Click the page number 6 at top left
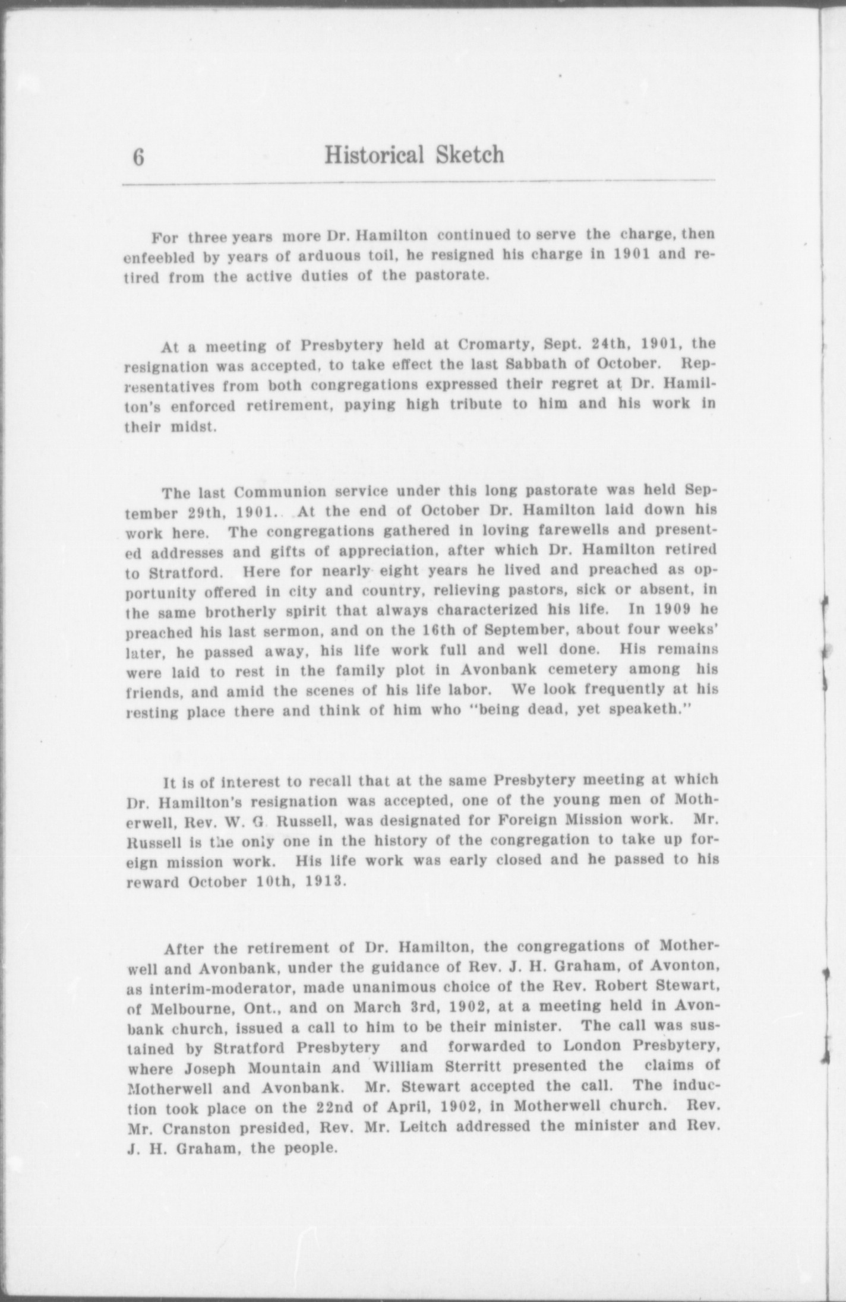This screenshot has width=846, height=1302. tap(138, 158)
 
